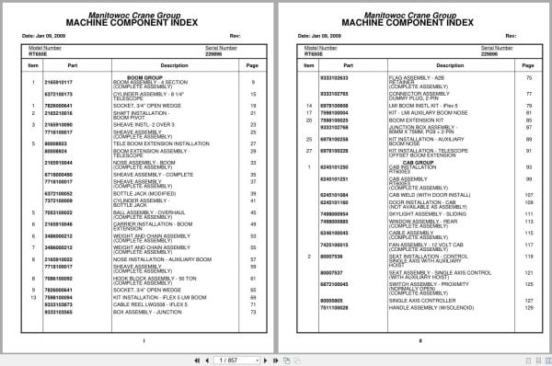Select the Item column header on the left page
(x=33, y=65)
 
